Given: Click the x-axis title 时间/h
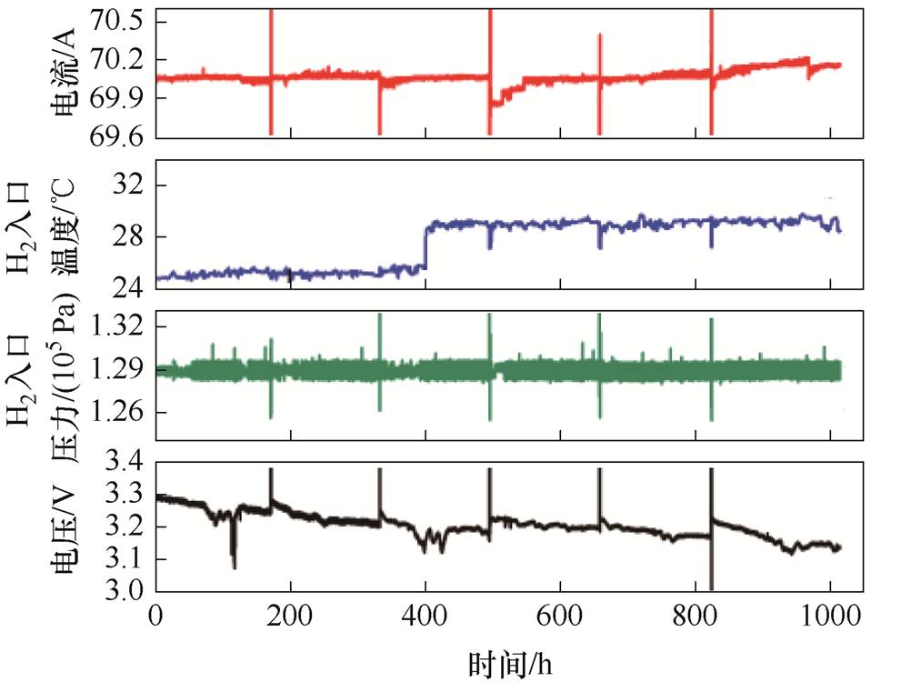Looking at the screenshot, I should pos(509,661).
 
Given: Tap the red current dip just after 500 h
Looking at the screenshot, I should pos(496,101).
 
